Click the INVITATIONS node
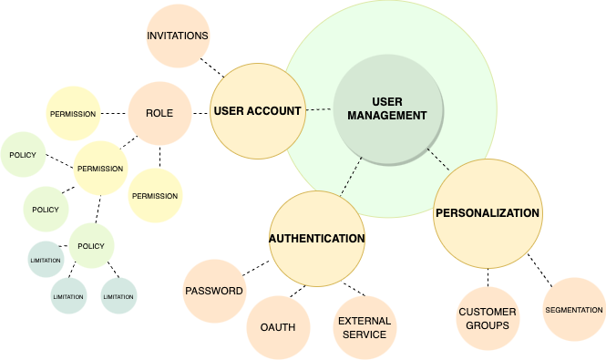178,36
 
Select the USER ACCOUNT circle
257,111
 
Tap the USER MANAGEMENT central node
386,109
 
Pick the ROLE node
159,113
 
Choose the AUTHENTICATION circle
316,239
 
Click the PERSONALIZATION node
488,213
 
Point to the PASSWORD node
214,292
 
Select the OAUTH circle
277,326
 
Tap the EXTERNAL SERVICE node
365,327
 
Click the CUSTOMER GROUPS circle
487,319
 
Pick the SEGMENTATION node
574,310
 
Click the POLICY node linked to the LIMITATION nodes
91,246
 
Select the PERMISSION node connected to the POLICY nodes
100,169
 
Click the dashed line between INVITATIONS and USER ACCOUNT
213,68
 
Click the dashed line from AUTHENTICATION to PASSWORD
257,268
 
